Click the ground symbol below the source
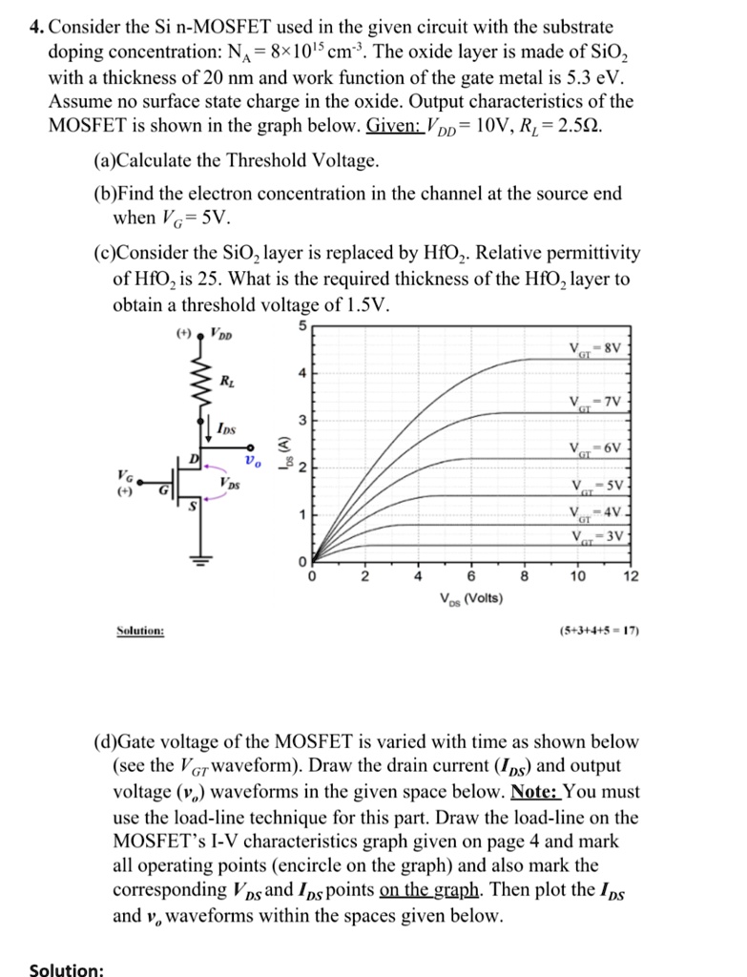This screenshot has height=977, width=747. [201, 561]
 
